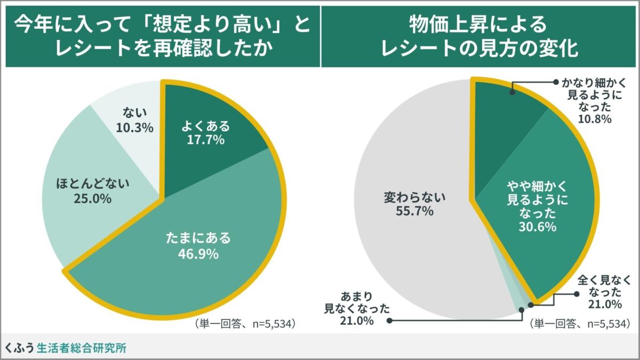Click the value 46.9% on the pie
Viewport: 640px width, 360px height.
click(x=198, y=254)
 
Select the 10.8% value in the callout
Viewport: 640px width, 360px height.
click(x=596, y=118)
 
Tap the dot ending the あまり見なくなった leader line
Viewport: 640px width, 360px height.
click(x=389, y=321)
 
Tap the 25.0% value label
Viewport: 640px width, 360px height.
click(x=94, y=199)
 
